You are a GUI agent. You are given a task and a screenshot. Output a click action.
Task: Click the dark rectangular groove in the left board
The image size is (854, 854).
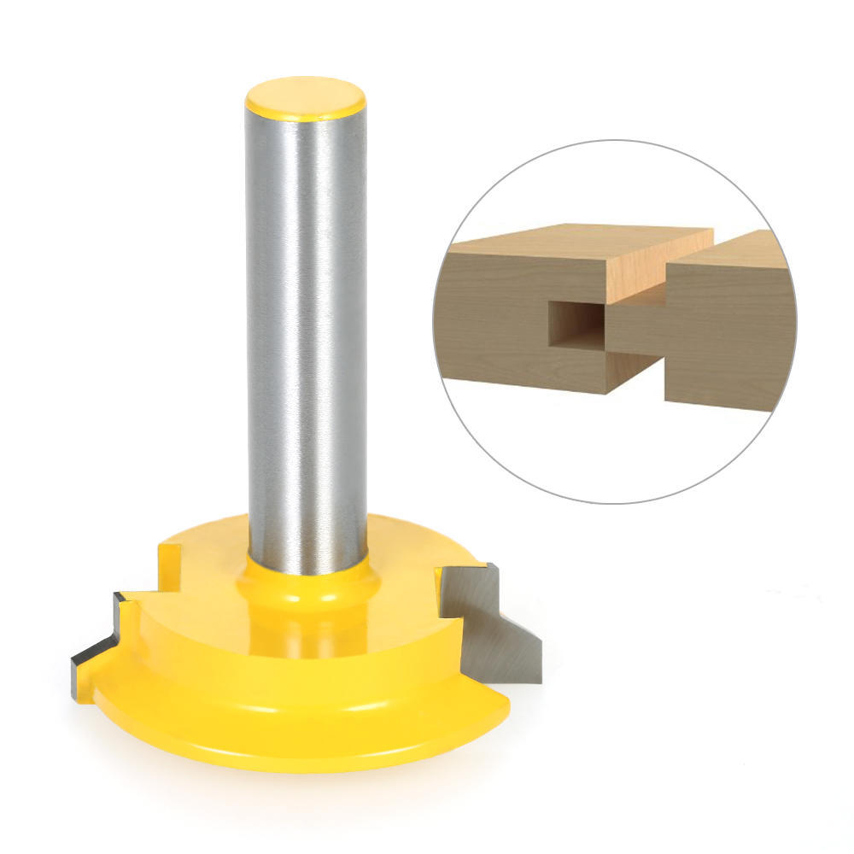click(x=574, y=324)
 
